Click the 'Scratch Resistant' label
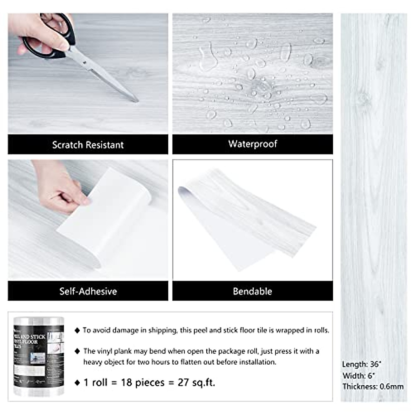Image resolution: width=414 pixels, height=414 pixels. pos(88,145)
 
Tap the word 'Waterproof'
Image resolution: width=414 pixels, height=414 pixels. pos(253,144)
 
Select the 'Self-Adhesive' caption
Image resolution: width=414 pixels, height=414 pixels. pos(88,291)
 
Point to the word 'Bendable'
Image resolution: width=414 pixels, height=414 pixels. pos(252,291)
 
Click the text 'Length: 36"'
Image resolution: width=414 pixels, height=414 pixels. pos(362,364)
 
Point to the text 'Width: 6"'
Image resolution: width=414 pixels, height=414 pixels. pos(359,375)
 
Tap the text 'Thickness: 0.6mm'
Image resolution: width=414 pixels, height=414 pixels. pos(373,386)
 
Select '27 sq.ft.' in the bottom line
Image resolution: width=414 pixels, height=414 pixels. pos(196,383)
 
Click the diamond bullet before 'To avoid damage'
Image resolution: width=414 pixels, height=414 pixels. pos(77,331)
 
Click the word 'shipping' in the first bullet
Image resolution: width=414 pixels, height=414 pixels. pos(162,330)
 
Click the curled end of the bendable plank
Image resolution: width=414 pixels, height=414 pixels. pos(183,190)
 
